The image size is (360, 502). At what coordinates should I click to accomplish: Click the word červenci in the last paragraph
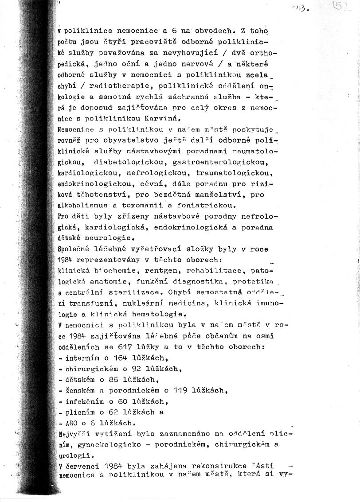(x=81, y=466)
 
